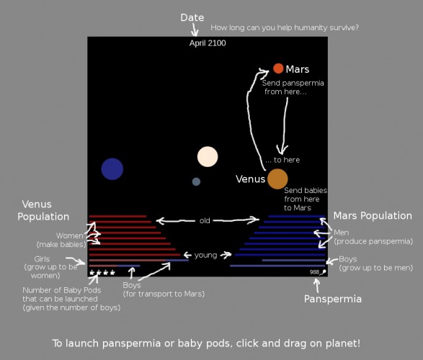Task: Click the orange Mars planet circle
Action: click(x=278, y=68)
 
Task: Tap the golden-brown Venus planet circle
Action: click(x=277, y=179)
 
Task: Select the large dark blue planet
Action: click(x=112, y=169)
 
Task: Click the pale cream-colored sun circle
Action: click(x=208, y=156)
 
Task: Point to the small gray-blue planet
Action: click(x=196, y=181)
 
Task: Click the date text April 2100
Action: click(x=208, y=43)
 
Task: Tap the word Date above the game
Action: click(x=192, y=17)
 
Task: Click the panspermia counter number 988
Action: click(x=314, y=272)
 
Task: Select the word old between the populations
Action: click(x=205, y=221)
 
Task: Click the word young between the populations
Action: click(x=205, y=255)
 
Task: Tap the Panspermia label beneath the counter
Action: click(x=333, y=299)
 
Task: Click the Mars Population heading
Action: click(x=373, y=215)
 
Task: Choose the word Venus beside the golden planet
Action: click(x=250, y=179)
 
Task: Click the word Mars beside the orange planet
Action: click(x=298, y=69)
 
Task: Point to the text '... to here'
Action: click(x=282, y=160)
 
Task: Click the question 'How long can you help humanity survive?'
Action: click(x=285, y=27)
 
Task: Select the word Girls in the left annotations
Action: click(x=42, y=259)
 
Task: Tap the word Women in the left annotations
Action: click(x=70, y=235)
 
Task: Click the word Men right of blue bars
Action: click(x=342, y=233)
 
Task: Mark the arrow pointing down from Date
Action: click(x=195, y=30)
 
